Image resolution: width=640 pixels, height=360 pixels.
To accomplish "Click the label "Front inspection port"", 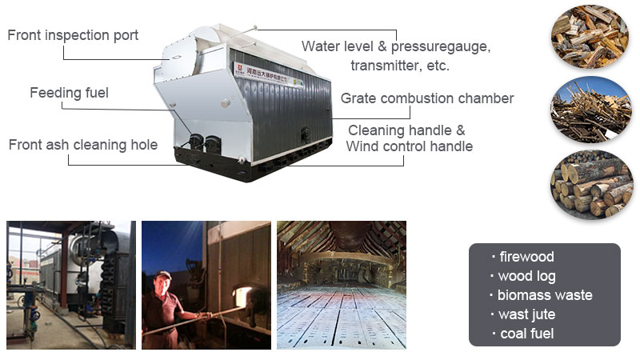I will [73, 35].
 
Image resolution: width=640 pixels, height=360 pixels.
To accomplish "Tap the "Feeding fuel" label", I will [69, 93].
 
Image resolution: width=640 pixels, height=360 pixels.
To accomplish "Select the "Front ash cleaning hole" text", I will [83, 145].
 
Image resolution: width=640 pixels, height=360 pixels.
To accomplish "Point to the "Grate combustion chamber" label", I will [427, 98].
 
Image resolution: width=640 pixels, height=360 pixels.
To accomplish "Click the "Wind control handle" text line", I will [409, 146].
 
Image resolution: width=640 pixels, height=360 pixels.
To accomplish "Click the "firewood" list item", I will [526, 257].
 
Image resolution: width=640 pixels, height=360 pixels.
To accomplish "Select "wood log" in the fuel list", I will [526, 276].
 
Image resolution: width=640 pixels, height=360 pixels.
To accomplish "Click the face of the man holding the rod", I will [165, 281].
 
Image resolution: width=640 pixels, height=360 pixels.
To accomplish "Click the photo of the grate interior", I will [342, 284].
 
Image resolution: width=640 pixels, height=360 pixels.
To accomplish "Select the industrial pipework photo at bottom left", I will [71, 284].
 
